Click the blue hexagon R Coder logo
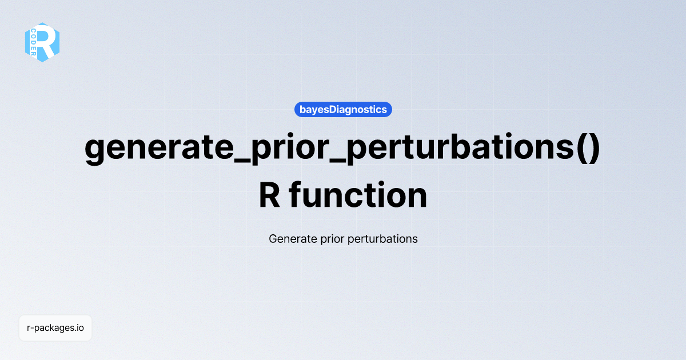(x=42, y=42)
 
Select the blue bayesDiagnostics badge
(x=343, y=109)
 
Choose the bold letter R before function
(x=270, y=195)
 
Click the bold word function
(x=358, y=195)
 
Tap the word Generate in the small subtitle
(x=290, y=239)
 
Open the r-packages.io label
(x=55, y=328)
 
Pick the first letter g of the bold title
(x=95, y=151)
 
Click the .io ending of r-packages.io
(x=79, y=328)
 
